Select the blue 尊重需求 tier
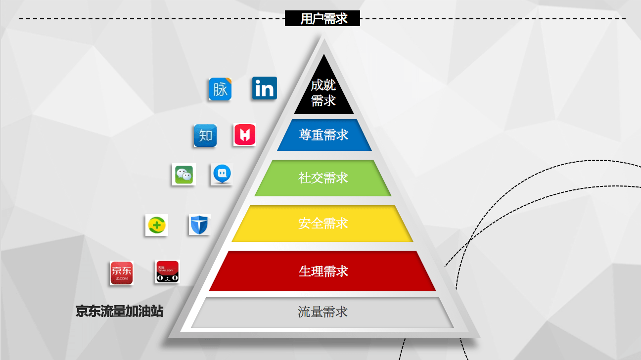pyautogui.click(x=324, y=135)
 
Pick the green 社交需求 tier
pyautogui.click(x=323, y=178)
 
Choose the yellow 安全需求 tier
pyautogui.click(x=322, y=223)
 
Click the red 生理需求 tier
pyautogui.click(x=322, y=271)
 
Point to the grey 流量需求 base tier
pyautogui.click(x=322, y=312)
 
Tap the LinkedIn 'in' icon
pyautogui.click(x=265, y=88)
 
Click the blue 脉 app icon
pyautogui.click(x=220, y=89)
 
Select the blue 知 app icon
pyautogui.click(x=205, y=135)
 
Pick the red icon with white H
pyautogui.click(x=245, y=135)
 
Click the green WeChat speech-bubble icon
pyautogui.click(x=183, y=174)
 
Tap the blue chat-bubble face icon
pyautogui.click(x=222, y=174)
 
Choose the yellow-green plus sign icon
pyautogui.click(x=156, y=225)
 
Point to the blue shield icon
pyautogui.click(x=199, y=225)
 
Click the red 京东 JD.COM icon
pyautogui.click(x=121, y=273)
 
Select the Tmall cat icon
pyautogui.click(x=167, y=271)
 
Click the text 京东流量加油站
pyautogui.click(x=119, y=311)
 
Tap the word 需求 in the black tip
pyautogui.click(x=323, y=100)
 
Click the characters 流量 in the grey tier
pyautogui.click(x=310, y=312)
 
